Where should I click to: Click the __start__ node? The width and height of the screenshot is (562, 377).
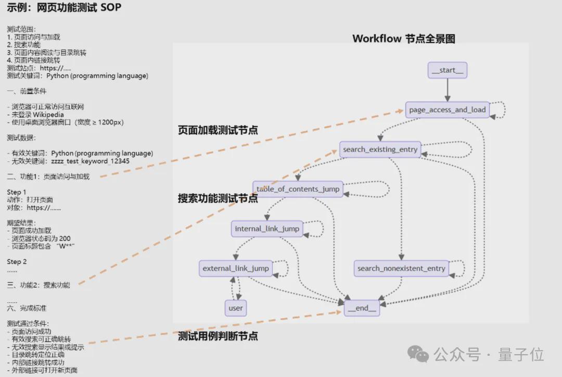[x=447, y=70]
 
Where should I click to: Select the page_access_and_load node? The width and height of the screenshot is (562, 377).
[x=447, y=110]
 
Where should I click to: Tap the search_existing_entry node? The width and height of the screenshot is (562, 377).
[x=380, y=150]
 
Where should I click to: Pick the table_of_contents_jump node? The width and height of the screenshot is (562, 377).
[x=298, y=189]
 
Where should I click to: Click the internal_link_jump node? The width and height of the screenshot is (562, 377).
[x=267, y=228]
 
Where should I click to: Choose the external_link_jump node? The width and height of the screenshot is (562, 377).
[x=236, y=268]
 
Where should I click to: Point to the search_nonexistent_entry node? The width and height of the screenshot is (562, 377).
[x=401, y=268]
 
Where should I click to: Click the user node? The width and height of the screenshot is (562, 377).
[x=236, y=308]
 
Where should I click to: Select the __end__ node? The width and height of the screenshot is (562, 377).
[x=362, y=308]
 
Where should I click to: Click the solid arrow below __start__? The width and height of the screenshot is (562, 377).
[x=447, y=90]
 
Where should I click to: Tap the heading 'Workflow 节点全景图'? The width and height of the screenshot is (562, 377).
[x=404, y=39]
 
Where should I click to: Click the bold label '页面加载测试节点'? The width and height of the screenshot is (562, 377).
[x=218, y=130]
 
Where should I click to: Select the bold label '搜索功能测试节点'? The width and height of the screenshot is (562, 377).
[x=218, y=198]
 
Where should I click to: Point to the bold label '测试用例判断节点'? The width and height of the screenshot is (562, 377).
[x=218, y=336]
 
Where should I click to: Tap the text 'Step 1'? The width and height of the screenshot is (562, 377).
[x=17, y=192]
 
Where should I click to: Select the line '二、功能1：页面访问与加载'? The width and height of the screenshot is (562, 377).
[x=48, y=177]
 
